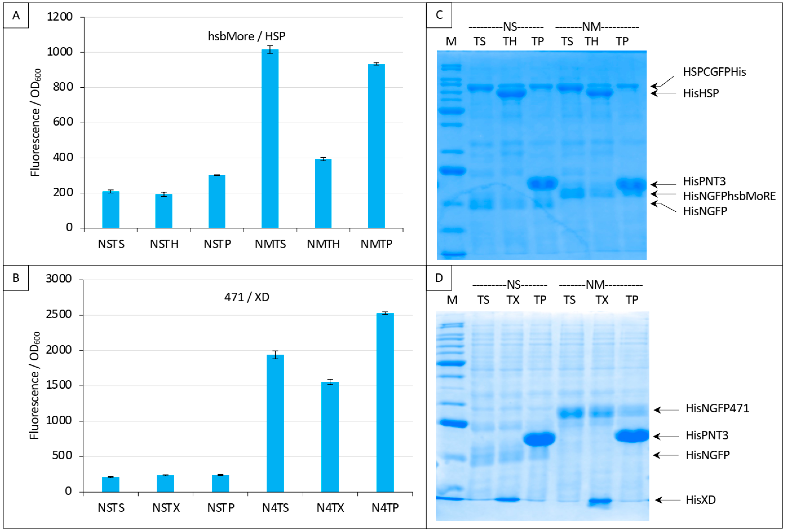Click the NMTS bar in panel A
[x=270, y=139]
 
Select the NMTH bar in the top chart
[x=323, y=193]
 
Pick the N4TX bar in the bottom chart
[x=330, y=437]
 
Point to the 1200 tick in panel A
[x=60, y=17]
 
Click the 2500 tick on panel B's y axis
[x=59, y=315]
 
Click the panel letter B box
[x=16, y=278]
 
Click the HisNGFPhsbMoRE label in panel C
[x=729, y=196]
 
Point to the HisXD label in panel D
[x=700, y=500]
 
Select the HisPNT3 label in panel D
[x=707, y=436]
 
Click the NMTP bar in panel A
[x=376, y=146]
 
